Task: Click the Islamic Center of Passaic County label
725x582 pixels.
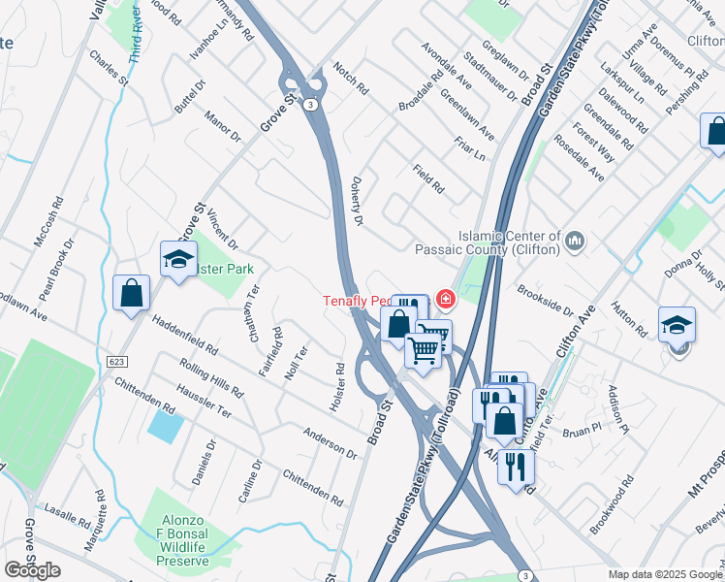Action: [509, 242]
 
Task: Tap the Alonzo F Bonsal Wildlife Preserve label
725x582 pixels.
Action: [183, 540]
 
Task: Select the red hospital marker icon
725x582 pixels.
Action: [445, 300]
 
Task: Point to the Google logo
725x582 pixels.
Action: [32, 571]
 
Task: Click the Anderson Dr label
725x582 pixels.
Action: [330, 442]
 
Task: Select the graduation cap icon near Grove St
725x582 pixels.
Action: [179, 259]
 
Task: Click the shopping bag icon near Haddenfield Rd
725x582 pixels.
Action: [131, 293]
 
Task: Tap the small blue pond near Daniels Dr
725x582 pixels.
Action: [165, 426]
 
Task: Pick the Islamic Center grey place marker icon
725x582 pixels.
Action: [575, 239]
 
